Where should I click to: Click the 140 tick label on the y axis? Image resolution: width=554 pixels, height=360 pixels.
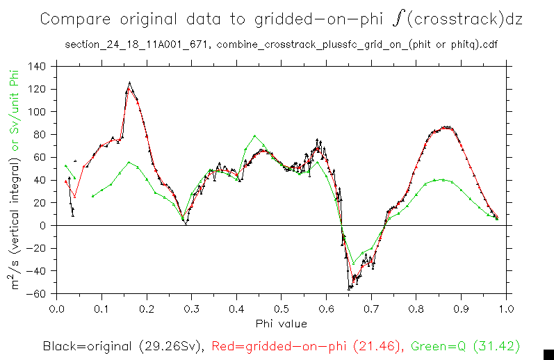point(37,67)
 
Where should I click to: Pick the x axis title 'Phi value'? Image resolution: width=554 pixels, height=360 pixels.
point(281,323)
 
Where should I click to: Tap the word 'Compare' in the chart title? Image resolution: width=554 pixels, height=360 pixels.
point(72,20)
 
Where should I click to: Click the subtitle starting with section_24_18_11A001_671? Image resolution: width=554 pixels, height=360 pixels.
point(281,44)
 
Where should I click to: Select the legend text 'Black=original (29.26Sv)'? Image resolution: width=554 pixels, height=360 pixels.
point(122,345)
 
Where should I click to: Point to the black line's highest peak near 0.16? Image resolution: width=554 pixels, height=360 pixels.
point(129,82)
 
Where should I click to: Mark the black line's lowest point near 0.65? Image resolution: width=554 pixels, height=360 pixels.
point(350,288)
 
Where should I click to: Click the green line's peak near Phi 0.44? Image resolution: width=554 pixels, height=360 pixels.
point(255,136)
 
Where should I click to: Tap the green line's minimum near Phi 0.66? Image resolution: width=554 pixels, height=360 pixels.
point(353,263)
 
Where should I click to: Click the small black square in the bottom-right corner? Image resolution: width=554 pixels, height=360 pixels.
point(548,354)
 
